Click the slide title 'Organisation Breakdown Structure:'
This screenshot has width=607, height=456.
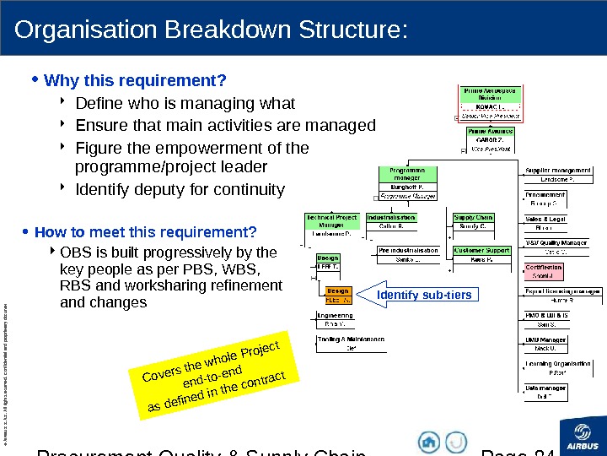coord(212,30)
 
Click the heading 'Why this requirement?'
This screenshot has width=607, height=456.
coord(135,81)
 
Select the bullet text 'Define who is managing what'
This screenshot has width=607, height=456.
coord(185,104)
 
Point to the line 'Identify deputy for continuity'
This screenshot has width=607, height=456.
coord(180,188)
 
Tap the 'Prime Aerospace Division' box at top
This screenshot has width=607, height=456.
coord(490,93)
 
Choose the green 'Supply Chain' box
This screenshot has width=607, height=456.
coord(474,218)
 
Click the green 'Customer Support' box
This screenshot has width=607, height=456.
coord(481,251)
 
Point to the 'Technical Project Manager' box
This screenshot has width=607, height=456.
coord(331,221)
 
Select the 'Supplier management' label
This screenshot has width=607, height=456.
coord(559,171)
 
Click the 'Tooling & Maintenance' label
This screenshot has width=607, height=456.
coord(351,339)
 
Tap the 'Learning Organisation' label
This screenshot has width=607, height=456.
coord(557,364)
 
